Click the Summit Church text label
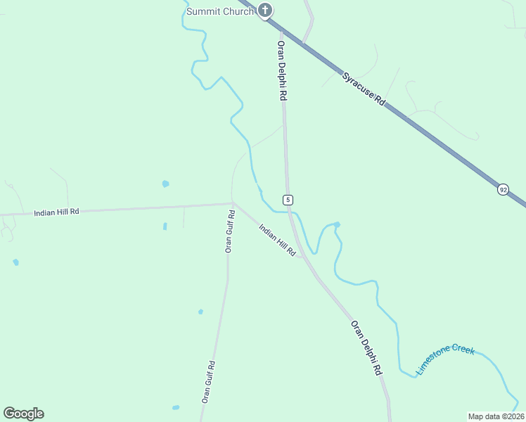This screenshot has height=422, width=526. pyautogui.click(x=219, y=11)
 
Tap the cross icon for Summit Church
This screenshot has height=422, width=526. pyautogui.click(x=264, y=10)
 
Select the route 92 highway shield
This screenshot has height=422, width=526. pyautogui.click(x=503, y=190)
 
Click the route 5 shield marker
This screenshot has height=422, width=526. pyautogui.click(x=288, y=200)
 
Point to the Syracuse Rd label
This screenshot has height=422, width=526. pyautogui.click(x=364, y=89)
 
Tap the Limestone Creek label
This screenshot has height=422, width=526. pyautogui.click(x=446, y=359)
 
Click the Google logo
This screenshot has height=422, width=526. pyautogui.click(x=23, y=413)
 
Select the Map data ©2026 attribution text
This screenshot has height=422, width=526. pyautogui.click(x=496, y=416)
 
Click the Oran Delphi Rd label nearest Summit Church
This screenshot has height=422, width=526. pyautogui.click(x=281, y=70)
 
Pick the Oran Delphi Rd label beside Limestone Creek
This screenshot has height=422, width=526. pyautogui.click(x=366, y=348)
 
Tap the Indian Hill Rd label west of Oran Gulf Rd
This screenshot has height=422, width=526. pyautogui.click(x=56, y=211)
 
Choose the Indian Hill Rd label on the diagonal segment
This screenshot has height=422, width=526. pyautogui.click(x=277, y=240)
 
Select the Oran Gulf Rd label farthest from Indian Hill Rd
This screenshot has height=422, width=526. pyautogui.click(x=208, y=381)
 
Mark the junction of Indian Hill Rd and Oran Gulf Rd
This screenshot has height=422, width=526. pyautogui.click(x=232, y=204)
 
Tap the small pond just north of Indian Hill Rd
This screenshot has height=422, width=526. pyautogui.click(x=165, y=184)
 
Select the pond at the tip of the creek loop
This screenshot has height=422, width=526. pyautogui.click(x=338, y=224)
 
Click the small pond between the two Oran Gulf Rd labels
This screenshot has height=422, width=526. pyautogui.click(x=200, y=312)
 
